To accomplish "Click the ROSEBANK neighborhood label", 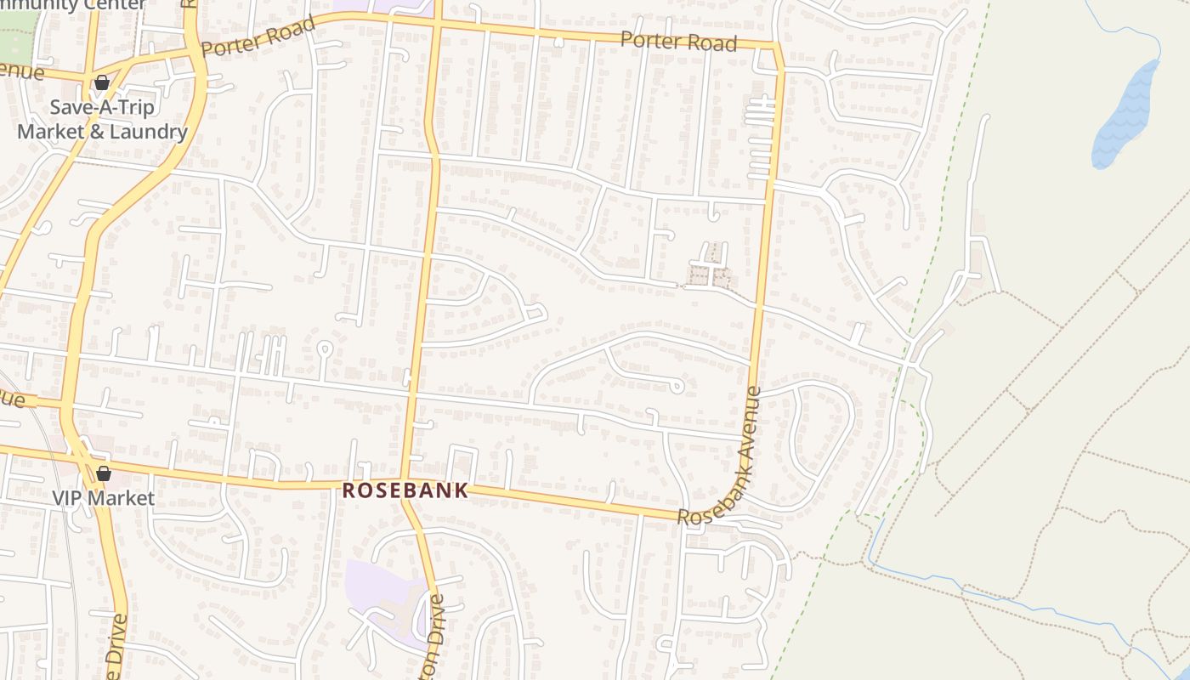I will pos(405,490).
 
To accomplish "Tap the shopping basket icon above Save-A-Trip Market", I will pos(102,82).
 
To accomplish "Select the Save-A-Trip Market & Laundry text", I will pos(102,120).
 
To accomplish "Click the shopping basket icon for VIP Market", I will pos(104,473).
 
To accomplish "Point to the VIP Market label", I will pos(104,498).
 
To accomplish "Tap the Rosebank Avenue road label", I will pos(717,459).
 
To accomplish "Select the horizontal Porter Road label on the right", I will pos(677,41).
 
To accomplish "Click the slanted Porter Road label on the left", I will pos(259,36).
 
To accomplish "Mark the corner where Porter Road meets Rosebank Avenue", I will pos(775,46).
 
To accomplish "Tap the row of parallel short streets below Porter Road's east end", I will pos(760,136).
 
